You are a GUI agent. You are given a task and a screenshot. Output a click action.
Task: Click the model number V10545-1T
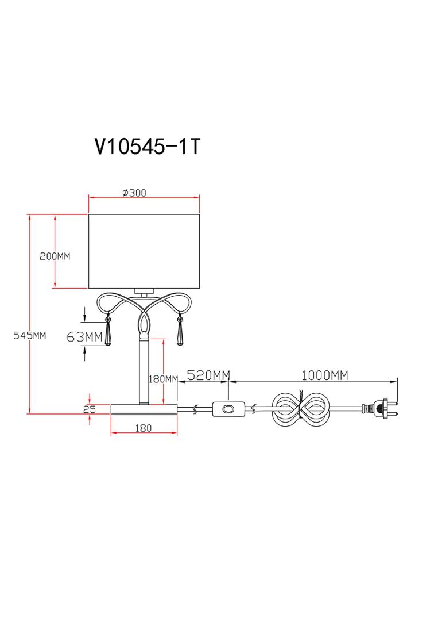[x=147, y=147]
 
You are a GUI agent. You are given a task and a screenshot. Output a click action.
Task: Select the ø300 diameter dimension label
[x=134, y=193]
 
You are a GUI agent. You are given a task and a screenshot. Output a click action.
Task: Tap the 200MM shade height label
[x=55, y=256]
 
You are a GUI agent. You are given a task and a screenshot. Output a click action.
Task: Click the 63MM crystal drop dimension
[x=84, y=336]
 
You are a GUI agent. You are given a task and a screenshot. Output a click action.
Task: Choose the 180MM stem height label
[x=164, y=379]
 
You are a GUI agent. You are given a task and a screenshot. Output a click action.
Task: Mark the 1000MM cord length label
[x=324, y=375]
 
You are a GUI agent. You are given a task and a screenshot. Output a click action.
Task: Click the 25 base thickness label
[x=88, y=409]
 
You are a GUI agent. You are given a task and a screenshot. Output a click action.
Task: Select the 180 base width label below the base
[x=144, y=428]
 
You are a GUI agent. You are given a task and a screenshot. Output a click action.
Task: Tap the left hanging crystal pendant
[x=108, y=333]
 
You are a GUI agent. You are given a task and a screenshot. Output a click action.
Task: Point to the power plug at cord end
[x=378, y=409]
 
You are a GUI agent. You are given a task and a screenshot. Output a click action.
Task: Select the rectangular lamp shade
[x=144, y=251]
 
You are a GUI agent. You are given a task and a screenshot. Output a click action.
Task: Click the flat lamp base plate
[x=144, y=409]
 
